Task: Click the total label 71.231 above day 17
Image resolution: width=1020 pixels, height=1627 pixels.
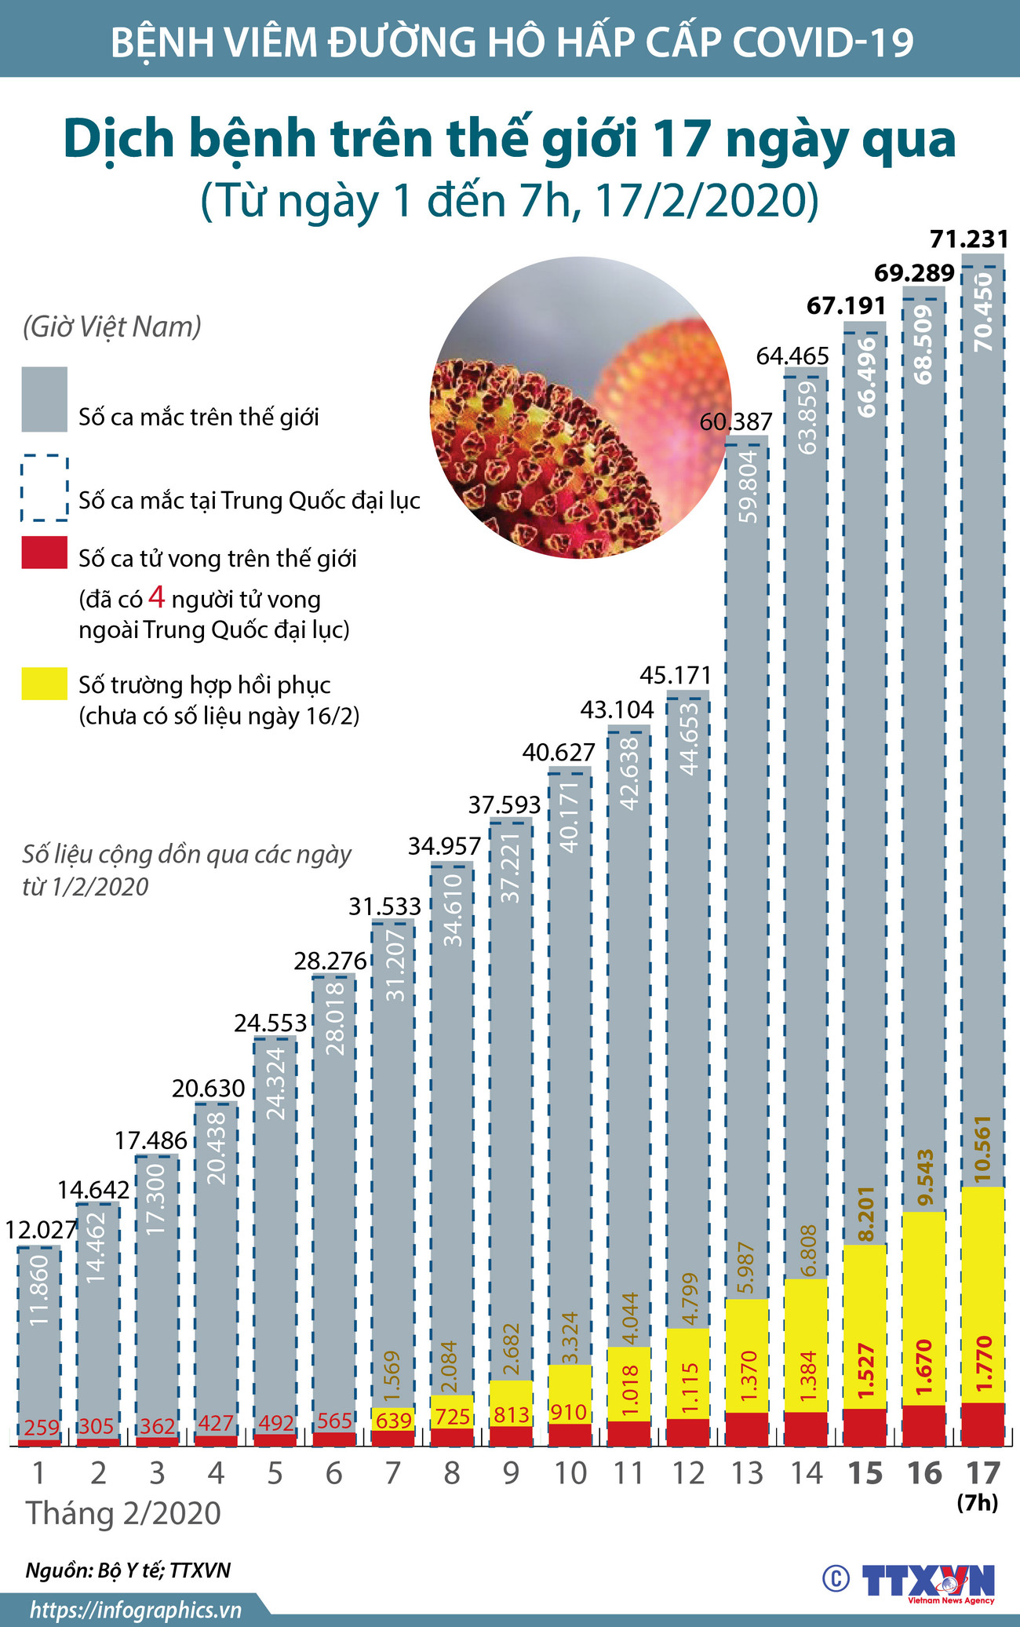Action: (x=968, y=239)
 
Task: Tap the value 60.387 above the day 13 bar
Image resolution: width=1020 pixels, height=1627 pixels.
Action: (x=735, y=422)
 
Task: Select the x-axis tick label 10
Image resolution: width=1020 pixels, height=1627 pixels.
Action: (x=570, y=1474)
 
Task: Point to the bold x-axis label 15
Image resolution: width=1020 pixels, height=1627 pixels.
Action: (x=865, y=1474)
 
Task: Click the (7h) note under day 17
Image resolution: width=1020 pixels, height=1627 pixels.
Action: (x=977, y=1502)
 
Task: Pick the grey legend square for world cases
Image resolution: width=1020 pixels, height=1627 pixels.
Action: (x=44, y=399)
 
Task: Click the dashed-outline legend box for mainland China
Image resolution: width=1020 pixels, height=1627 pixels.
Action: (x=44, y=488)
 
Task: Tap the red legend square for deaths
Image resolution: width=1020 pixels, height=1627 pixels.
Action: (x=44, y=553)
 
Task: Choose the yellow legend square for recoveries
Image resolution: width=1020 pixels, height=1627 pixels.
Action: (x=44, y=683)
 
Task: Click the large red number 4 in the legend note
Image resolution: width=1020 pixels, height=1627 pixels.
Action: (x=156, y=598)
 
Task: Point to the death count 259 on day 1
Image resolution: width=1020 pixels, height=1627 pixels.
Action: (x=41, y=1426)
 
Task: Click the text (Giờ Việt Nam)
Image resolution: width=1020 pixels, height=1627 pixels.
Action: (x=111, y=326)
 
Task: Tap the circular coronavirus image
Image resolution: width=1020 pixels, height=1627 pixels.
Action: (x=581, y=408)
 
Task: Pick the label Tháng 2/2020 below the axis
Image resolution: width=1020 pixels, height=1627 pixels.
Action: (x=124, y=1513)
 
